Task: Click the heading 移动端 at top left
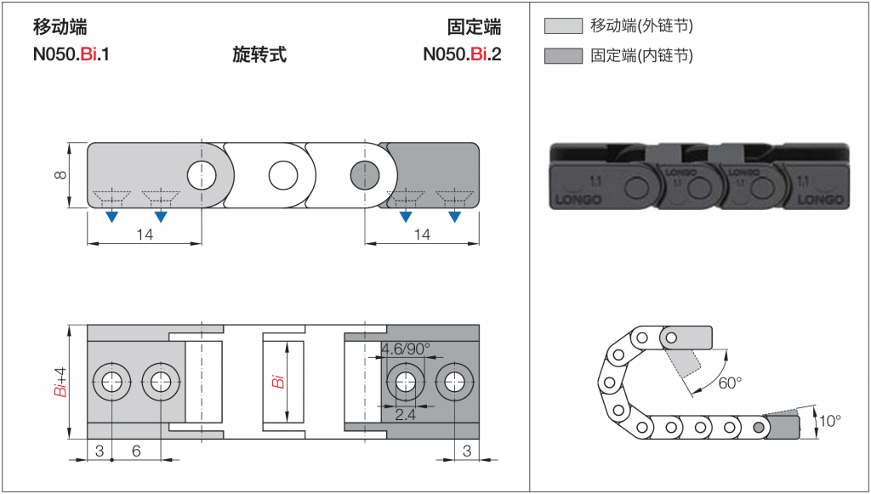pyautogui.click(x=59, y=27)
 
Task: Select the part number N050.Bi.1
pyautogui.click(x=71, y=55)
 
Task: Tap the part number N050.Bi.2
pyautogui.click(x=462, y=55)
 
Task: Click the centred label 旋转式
pyautogui.click(x=259, y=55)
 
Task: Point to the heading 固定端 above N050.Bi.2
pyautogui.click(x=474, y=27)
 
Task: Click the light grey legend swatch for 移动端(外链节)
pyautogui.click(x=563, y=26)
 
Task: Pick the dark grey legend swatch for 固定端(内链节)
pyautogui.click(x=563, y=56)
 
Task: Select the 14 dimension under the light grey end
pyautogui.click(x=145, y=236)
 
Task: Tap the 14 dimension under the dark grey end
pyautogui.click(x=422, y=236)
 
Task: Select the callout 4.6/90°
pyautogui.click(x=406, y=349)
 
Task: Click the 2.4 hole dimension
pyautogui.click(x=405, y=414)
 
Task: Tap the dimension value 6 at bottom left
pyautogui.click(x=136, y=451)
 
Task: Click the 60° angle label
pyautogui.click(x=729, y=383)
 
